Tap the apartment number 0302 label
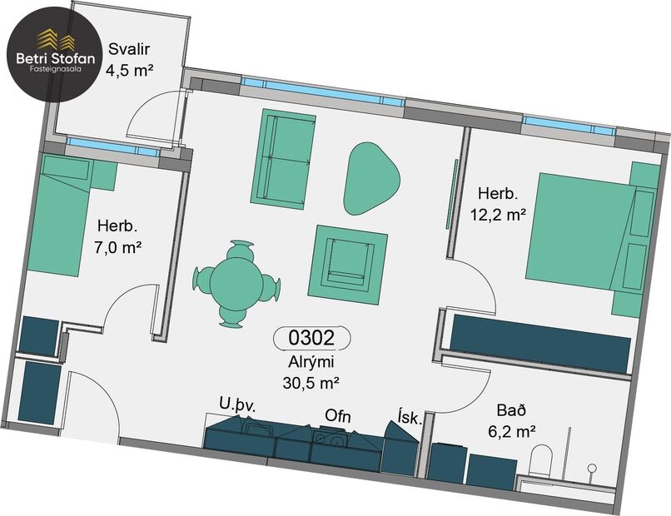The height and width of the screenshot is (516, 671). click(x=311, y=338)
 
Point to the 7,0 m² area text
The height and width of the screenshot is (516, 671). click(x=119, y=246)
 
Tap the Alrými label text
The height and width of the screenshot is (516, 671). click(x=310, y=363)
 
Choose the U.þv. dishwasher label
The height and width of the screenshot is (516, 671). click(x=236, y=404)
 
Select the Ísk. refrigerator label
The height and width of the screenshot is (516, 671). click(x=410, y=419)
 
